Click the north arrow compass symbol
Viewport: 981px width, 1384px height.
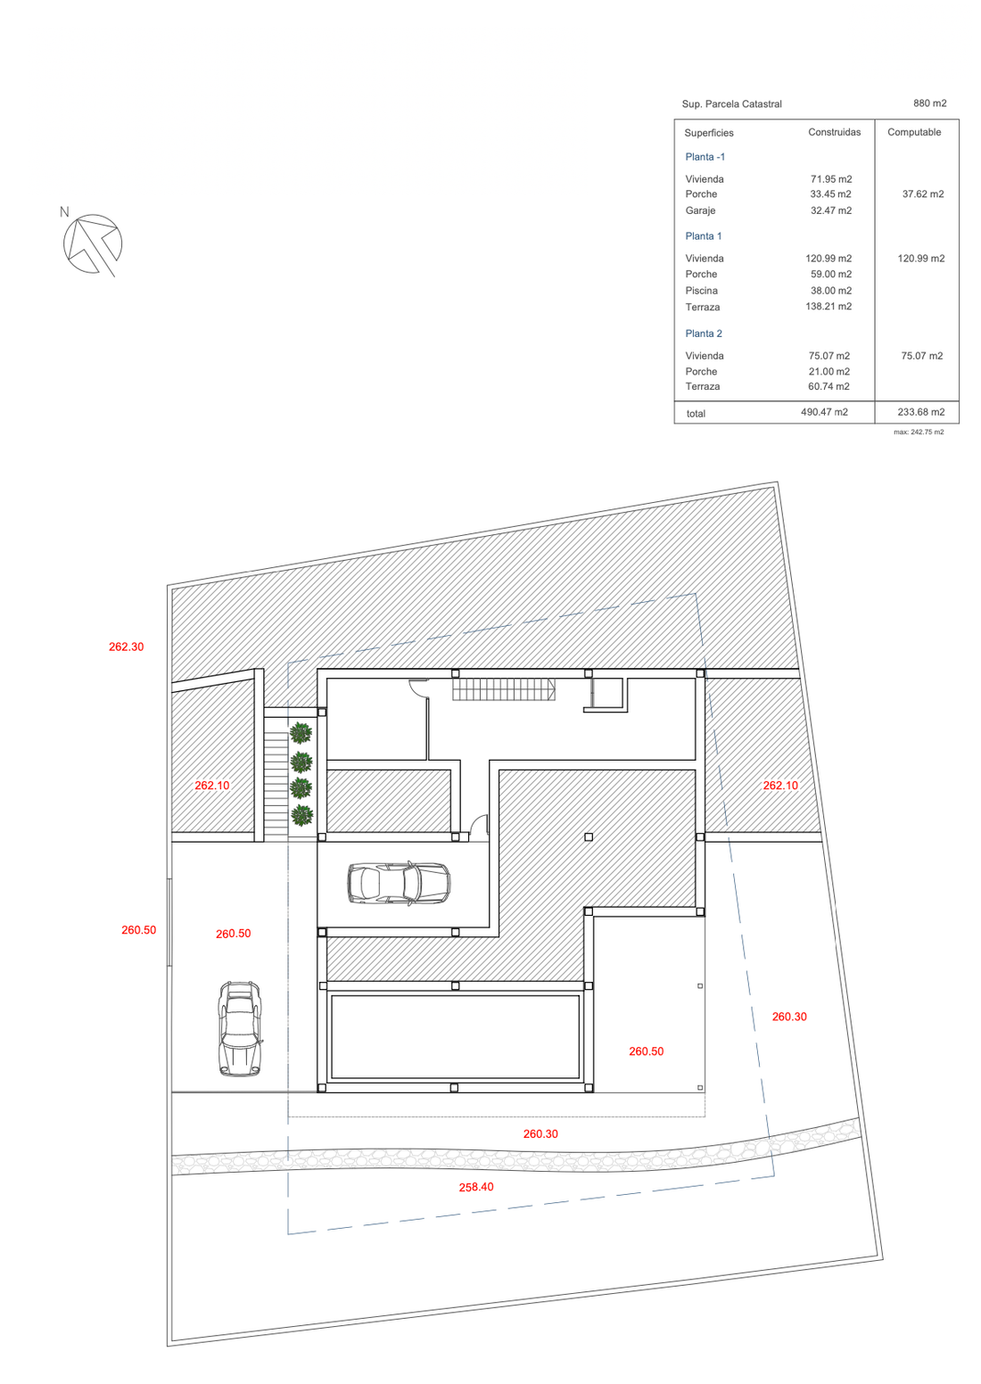point(92,243)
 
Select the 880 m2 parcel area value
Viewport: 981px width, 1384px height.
point(929,103)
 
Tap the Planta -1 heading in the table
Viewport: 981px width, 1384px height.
point(705,157)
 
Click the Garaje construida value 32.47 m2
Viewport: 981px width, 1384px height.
point(830,210)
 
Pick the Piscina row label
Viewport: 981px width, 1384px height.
point(701,291)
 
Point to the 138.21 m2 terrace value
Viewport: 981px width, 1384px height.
point(828,307)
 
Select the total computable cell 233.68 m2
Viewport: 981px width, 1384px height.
point(920,412)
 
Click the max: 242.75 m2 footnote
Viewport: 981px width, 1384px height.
point(919,432)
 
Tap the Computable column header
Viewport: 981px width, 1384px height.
point(913,132)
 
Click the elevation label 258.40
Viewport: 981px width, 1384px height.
point(476,1187)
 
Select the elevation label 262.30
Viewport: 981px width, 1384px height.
point(126,647)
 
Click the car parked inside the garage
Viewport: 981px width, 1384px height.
point(399,883)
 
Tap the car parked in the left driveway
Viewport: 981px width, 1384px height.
point(240,1028)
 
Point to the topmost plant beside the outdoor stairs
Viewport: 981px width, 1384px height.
point(301,733)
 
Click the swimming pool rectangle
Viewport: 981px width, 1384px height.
point(455,1036)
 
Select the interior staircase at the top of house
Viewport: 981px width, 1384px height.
point(504,689)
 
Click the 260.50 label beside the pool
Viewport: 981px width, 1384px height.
point(646,1051)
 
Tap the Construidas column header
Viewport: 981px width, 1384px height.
point(834,132)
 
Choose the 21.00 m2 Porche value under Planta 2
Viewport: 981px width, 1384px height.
point(828,371)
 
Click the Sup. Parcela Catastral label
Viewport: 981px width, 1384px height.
point(731,104)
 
